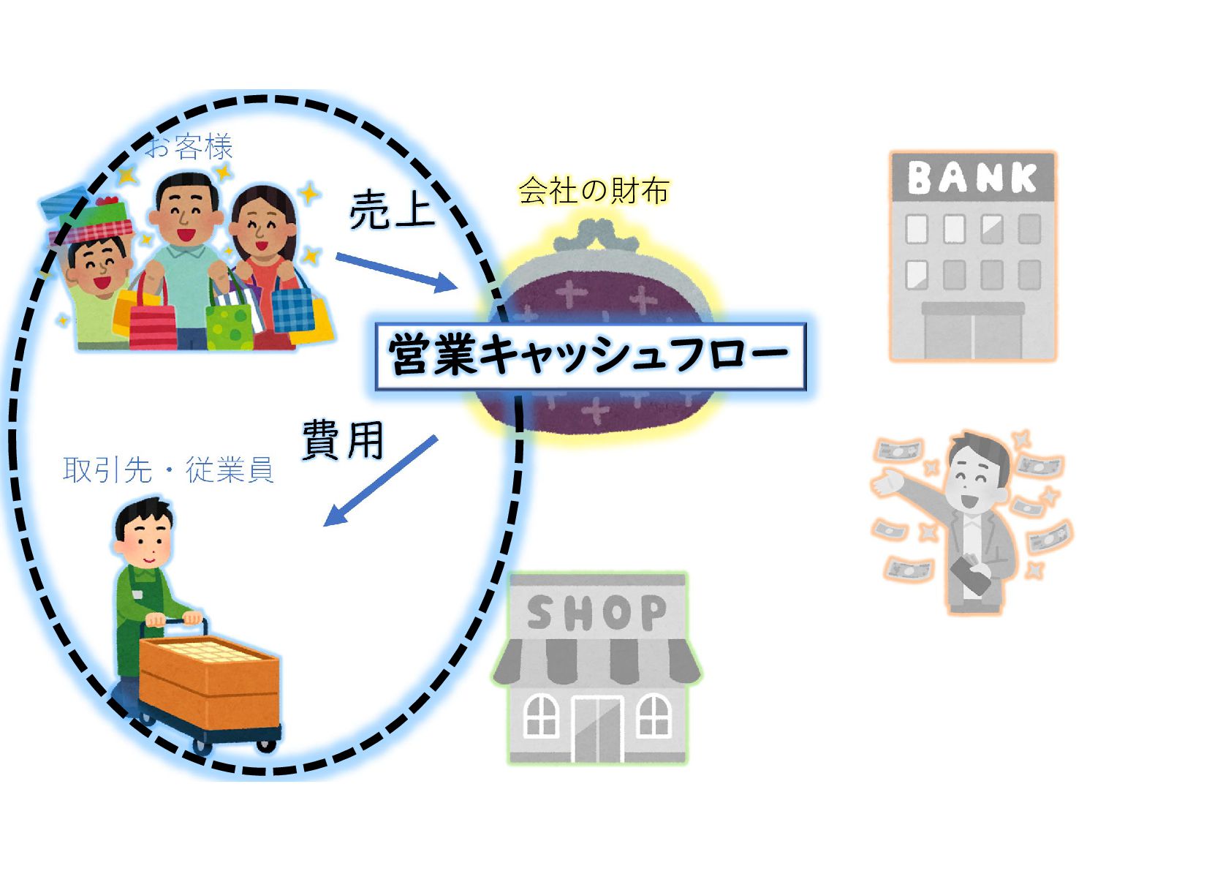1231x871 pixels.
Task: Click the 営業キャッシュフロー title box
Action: (x=589, y=356)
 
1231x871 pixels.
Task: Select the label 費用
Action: (x=343, y=440)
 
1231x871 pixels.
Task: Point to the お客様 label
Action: (x=189, y=148)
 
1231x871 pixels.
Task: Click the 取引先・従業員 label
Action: (x=168, y=470)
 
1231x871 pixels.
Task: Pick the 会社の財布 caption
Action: (x=594, y=191)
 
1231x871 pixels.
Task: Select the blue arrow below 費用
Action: (x=380, y=480)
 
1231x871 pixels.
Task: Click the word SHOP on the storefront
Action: (x=596, y=613)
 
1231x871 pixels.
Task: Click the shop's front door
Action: (x=596, y=728)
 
